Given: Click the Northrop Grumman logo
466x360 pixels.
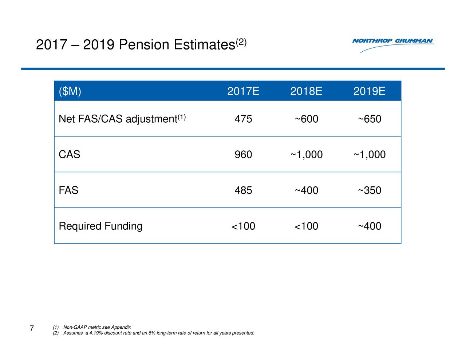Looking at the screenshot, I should (x=393, y=44).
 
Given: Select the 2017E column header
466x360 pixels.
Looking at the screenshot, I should (x=243, y=91).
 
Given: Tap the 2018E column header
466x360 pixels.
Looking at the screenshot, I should (x=306, y=91).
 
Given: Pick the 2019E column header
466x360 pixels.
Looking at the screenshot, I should (x=369, y=91).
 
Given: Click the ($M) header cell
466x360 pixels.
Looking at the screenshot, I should (x=70, y=91).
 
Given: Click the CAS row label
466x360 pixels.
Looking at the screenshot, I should (x=69, y=155).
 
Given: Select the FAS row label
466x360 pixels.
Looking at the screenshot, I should (x=68, y=190).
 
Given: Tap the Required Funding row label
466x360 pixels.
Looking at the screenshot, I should (x=100, y=226).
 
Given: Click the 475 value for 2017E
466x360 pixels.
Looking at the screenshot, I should (x=243, y=119).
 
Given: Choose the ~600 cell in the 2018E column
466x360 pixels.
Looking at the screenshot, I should (x=306, y=119).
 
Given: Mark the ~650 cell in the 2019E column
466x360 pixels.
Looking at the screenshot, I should (x=369, y=119).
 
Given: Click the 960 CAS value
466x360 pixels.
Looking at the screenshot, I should (x=243, y=155).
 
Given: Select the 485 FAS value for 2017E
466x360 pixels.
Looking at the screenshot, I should (x=243, y=190).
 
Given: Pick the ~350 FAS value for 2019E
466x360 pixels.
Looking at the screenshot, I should (x=369, y=190).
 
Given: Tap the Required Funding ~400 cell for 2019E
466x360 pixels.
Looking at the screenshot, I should (x=369, y=226).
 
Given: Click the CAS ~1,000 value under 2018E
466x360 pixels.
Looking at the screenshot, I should (x=306, y=155).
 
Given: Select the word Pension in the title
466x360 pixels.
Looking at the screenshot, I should (x=144, y=45).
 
